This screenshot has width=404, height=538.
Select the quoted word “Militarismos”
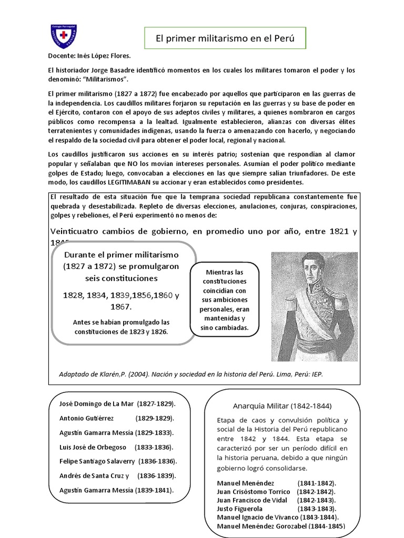[106, 79]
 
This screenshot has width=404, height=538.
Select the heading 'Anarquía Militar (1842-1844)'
[281, 406]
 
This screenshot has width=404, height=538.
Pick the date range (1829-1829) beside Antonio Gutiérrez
[155, 419]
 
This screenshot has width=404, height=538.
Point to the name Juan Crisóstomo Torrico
[255, 491]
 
